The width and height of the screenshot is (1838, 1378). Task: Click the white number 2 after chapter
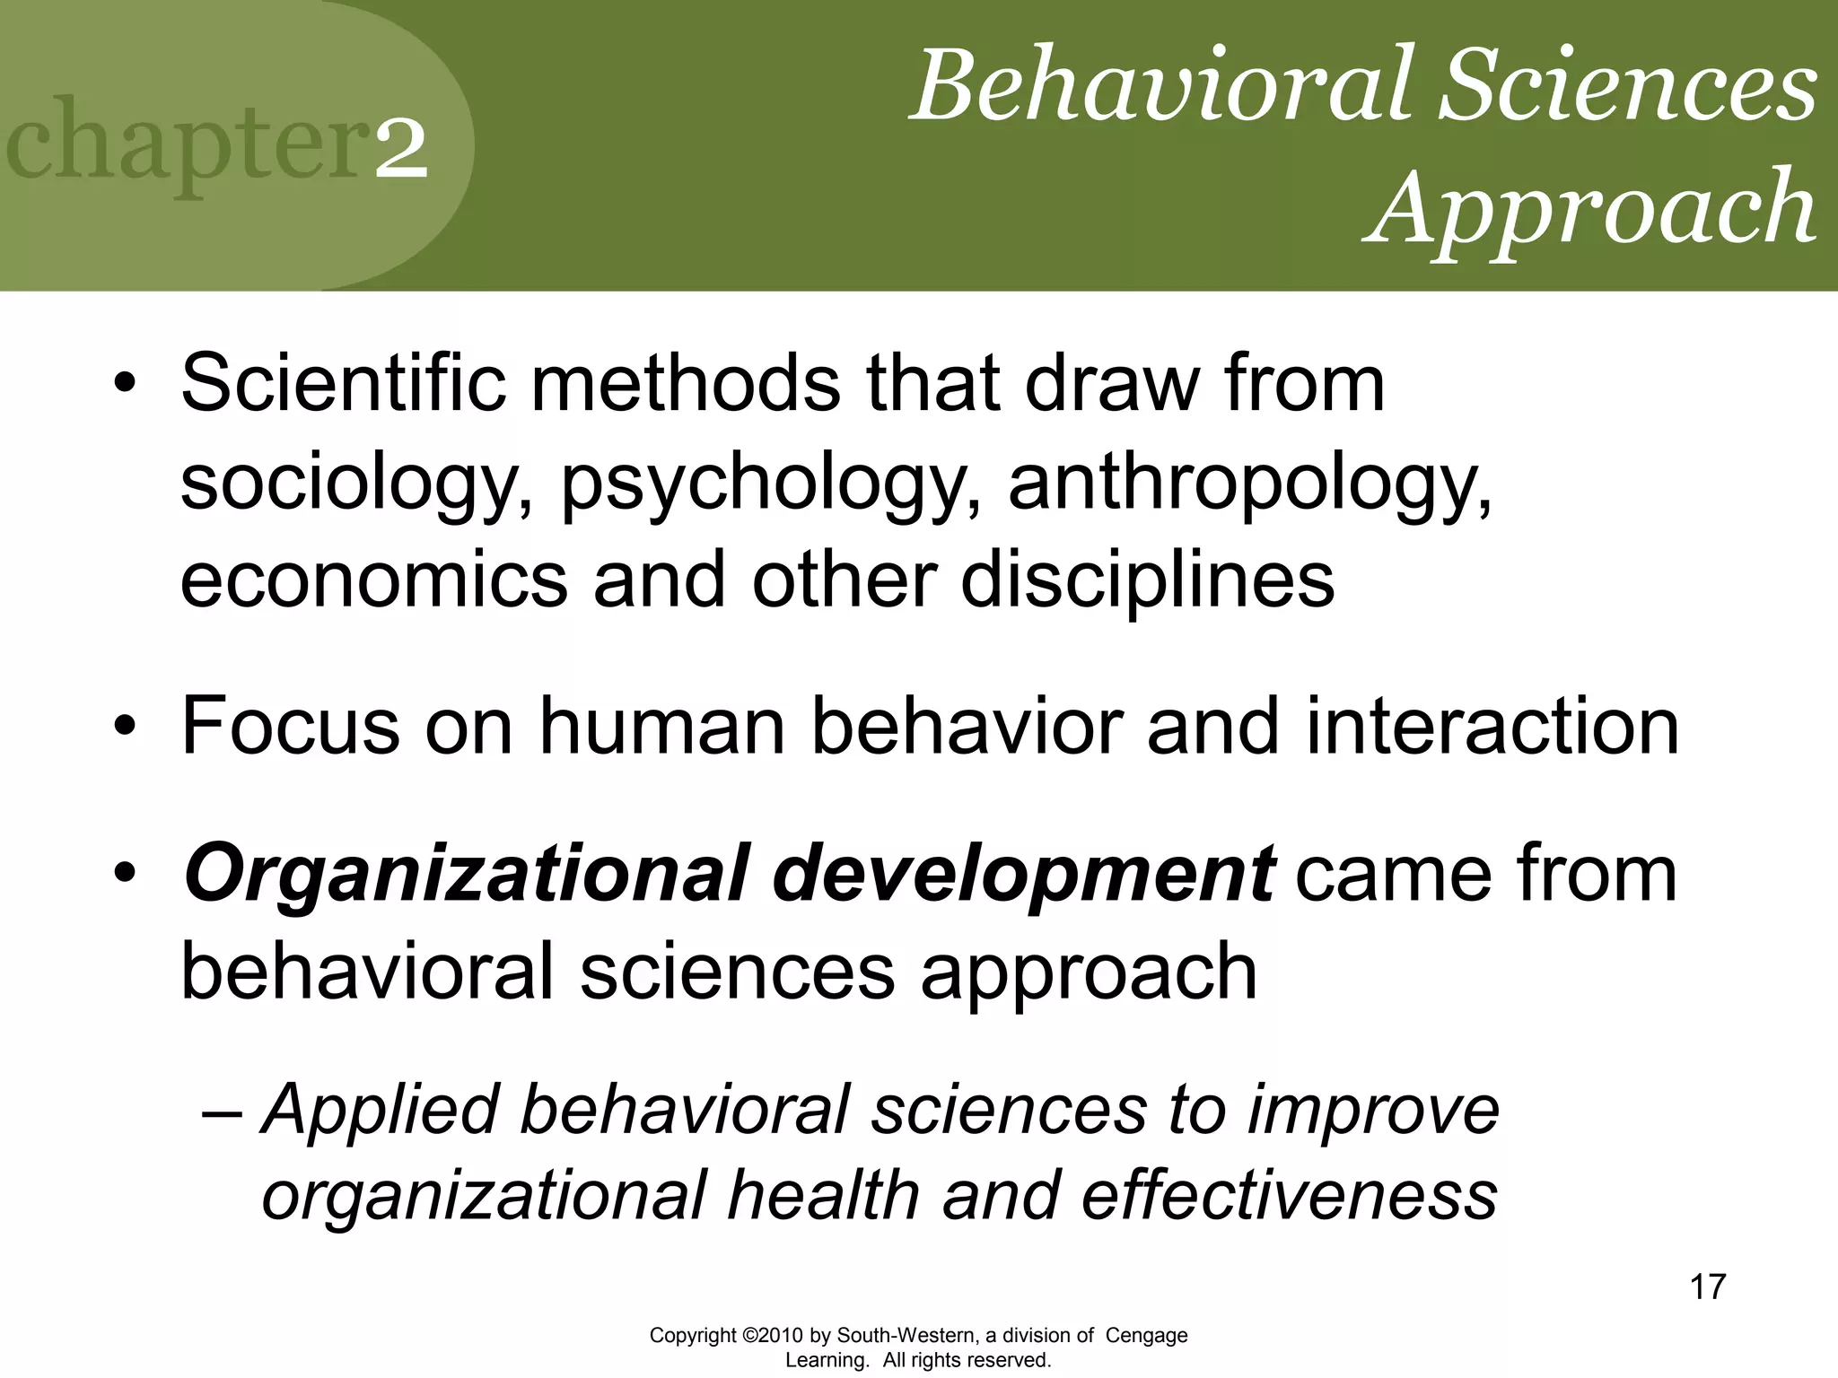(x=401, y=150)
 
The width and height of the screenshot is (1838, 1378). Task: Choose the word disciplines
(x=1147, y=580)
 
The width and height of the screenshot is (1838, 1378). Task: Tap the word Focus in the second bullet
(x=290, y=727)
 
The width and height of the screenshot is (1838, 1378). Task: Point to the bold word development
(x=1022, y=874)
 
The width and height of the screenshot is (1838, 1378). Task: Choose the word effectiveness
(x=1289, y=1196)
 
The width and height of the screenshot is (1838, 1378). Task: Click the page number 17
(x=1707, y=1286)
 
